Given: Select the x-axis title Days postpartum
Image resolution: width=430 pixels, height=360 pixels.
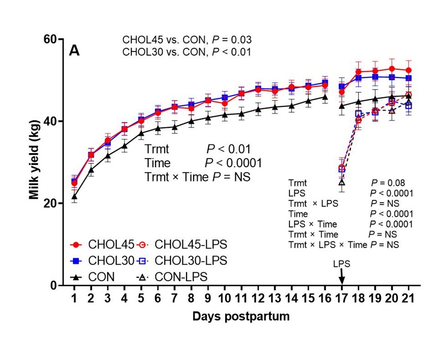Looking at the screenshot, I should [x=241, y=317].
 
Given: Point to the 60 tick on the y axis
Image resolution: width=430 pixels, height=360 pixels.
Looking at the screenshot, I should [x=49, y=39].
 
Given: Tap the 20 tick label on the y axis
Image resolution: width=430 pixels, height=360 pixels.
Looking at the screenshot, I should [x=49, y=203].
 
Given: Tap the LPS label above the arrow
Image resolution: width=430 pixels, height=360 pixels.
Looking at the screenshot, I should [x=341, y=265].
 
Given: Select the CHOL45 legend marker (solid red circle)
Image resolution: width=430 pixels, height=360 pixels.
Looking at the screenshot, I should [x=76, y=244].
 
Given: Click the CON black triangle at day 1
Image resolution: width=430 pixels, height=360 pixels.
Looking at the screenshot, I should [x=74, y=196].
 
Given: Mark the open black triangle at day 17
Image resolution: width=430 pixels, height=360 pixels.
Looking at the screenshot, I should [x=341, y=182].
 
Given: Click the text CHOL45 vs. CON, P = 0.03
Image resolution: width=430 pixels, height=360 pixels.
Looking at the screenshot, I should [x=186, y=40].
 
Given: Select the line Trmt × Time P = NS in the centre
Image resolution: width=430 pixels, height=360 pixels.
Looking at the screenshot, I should [x=197, y=177].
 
